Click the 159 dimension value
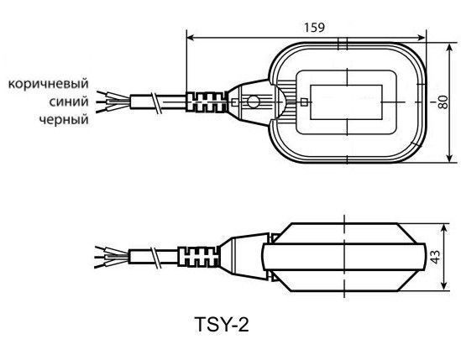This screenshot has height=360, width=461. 314,28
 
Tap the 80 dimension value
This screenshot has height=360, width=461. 443,102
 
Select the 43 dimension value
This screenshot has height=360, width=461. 436,257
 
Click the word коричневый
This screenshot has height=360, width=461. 49,84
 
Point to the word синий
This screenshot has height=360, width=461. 69,102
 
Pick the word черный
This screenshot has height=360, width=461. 64,120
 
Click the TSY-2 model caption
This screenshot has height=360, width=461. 222,325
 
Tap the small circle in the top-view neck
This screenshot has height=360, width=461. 253,102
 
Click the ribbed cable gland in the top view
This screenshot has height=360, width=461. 207,102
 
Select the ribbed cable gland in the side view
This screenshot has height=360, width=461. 198,257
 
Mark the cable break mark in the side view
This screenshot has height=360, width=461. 155,257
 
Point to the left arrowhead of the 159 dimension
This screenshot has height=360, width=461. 190,38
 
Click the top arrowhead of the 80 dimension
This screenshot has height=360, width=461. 449,47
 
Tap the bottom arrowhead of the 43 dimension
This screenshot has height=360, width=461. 444,287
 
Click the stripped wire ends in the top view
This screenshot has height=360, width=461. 113,102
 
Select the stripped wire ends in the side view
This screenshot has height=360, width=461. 112,257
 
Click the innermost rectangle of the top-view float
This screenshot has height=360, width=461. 346,102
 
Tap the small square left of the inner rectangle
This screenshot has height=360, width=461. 304,102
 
